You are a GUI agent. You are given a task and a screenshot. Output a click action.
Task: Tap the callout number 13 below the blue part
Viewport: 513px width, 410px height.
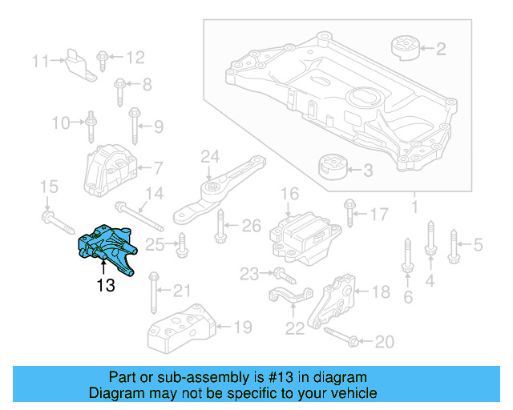point(105,284)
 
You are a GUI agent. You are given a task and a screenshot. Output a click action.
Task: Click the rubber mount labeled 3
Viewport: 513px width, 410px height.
point(333,169)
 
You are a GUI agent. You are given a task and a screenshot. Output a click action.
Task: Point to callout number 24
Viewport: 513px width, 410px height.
point(210,155)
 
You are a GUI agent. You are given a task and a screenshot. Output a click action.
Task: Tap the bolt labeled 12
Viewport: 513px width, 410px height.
point(104,58)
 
